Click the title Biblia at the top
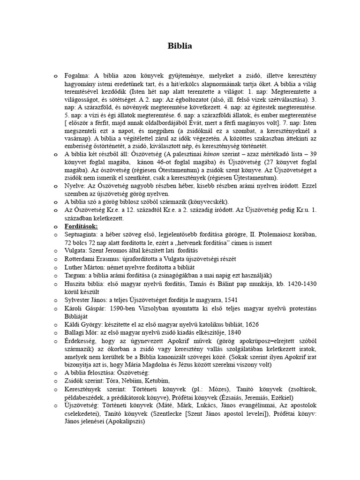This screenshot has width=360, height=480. coord(180,46)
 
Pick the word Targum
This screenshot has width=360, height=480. coord(75,276)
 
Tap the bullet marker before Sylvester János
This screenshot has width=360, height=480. coord(55,300)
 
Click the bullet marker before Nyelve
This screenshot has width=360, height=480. coord(55,187)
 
